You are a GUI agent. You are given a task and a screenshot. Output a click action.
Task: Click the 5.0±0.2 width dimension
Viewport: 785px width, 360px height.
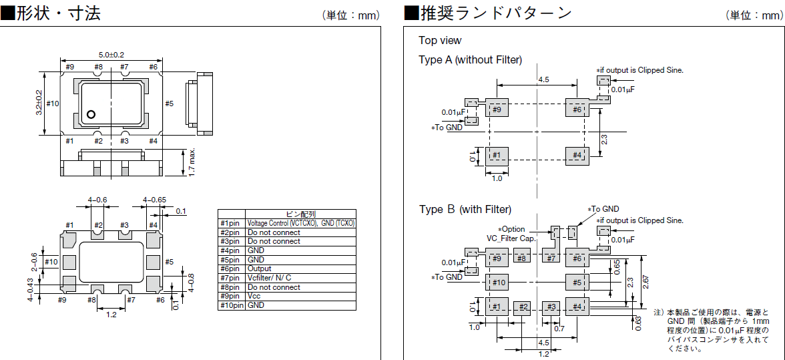pos(111,54)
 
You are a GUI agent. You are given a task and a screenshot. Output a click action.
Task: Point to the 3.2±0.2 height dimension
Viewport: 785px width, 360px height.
pos(38,103)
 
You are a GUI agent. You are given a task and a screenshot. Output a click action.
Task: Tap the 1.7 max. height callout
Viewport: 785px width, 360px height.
pos(192,162)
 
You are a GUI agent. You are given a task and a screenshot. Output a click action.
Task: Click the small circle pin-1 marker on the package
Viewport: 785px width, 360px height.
pos(91,114)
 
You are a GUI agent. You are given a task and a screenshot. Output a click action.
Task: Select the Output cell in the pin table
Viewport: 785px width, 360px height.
pos(260,268)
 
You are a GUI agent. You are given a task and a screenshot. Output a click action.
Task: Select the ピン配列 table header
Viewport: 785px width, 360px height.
pos(300,214)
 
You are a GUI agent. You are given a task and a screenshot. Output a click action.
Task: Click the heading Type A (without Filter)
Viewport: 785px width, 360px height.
pos(470,59)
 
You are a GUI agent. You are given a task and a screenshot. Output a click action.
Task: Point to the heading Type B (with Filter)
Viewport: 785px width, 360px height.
pos(465,209)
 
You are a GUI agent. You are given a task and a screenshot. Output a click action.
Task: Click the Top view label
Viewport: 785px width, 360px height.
pos(440,41)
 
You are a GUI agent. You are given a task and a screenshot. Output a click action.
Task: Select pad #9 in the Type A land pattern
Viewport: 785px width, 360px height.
pos(497,110)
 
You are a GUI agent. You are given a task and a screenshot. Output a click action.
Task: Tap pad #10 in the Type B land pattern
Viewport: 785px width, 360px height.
pos(497,283)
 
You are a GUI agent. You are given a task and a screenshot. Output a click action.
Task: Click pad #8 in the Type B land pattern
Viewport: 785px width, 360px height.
pos(522,258)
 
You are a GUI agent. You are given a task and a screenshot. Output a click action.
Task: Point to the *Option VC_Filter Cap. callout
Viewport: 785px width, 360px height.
pos(515,233)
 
